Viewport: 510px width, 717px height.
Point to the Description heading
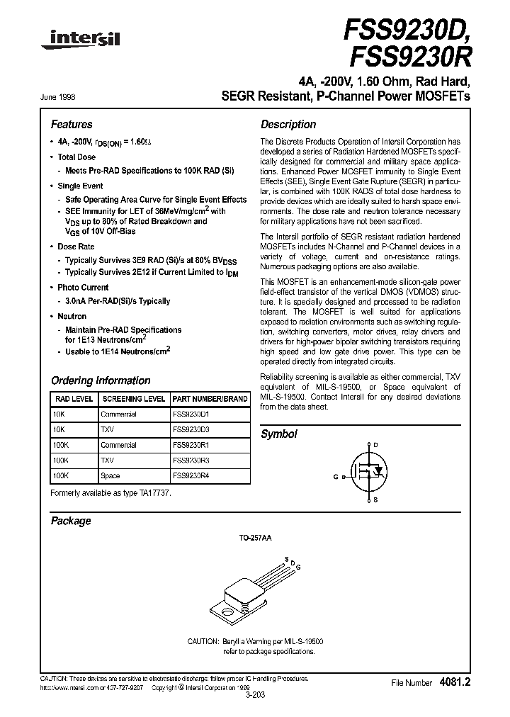point(288,124)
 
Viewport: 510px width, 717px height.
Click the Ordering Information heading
point(101,380)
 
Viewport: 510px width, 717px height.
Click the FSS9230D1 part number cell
point(191,414)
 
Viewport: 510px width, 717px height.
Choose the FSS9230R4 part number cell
point(191,476)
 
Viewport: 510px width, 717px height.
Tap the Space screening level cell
point(110,476)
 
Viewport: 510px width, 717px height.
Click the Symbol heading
point(279,434)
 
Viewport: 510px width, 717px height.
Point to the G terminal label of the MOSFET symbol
point(336,477)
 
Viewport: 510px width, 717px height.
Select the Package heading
point(71,521)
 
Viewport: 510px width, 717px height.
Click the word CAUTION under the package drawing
point(204,640)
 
